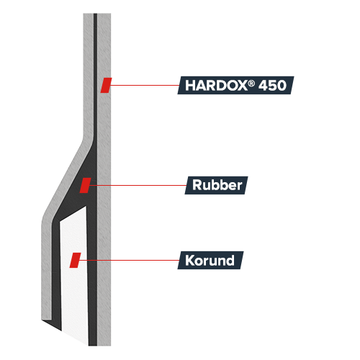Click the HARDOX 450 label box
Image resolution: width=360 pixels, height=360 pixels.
click(235, 85)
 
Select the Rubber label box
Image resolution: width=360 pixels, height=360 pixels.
click(216, 185)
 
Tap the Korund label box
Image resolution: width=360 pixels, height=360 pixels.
click(210, 260)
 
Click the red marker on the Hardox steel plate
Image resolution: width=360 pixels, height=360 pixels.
click(106, 85)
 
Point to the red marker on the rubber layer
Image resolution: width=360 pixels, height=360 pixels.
click(85, 185)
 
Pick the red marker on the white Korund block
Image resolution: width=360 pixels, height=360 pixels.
click(75, 260)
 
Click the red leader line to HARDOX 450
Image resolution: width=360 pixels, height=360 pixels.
click(145, 85)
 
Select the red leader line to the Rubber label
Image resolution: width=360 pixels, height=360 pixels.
click(138, 185)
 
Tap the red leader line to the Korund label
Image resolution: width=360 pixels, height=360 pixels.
click(129, 260)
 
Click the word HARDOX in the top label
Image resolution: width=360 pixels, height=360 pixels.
click(216, 86)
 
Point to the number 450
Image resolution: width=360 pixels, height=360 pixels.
click(272, 86)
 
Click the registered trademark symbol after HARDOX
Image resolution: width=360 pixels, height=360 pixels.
click(251, 84)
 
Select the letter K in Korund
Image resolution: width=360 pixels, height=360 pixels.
click(189, 261)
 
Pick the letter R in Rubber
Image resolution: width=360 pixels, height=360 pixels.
click(197, 185)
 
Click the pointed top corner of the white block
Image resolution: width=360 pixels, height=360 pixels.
click(86, 206)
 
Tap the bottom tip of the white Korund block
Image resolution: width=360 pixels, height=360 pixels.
click(88, 345)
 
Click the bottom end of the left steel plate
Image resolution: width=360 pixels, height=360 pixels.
click(47, 319)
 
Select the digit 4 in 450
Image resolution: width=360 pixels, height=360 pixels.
click(263, 86)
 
